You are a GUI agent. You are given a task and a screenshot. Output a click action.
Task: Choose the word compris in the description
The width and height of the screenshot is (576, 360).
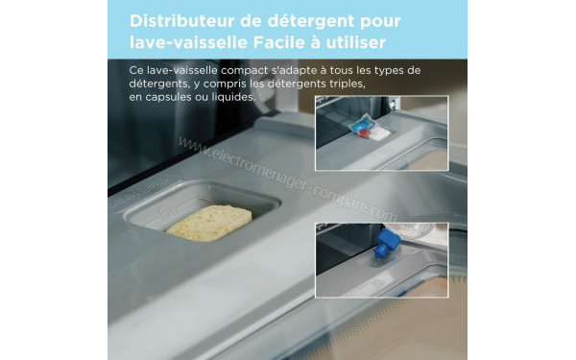coord(222,84)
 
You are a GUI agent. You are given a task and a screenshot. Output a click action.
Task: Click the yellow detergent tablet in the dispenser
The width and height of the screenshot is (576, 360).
coord(208,222)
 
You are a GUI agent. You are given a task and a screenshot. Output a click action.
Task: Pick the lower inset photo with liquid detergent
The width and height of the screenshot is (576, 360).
coord(381,261)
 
